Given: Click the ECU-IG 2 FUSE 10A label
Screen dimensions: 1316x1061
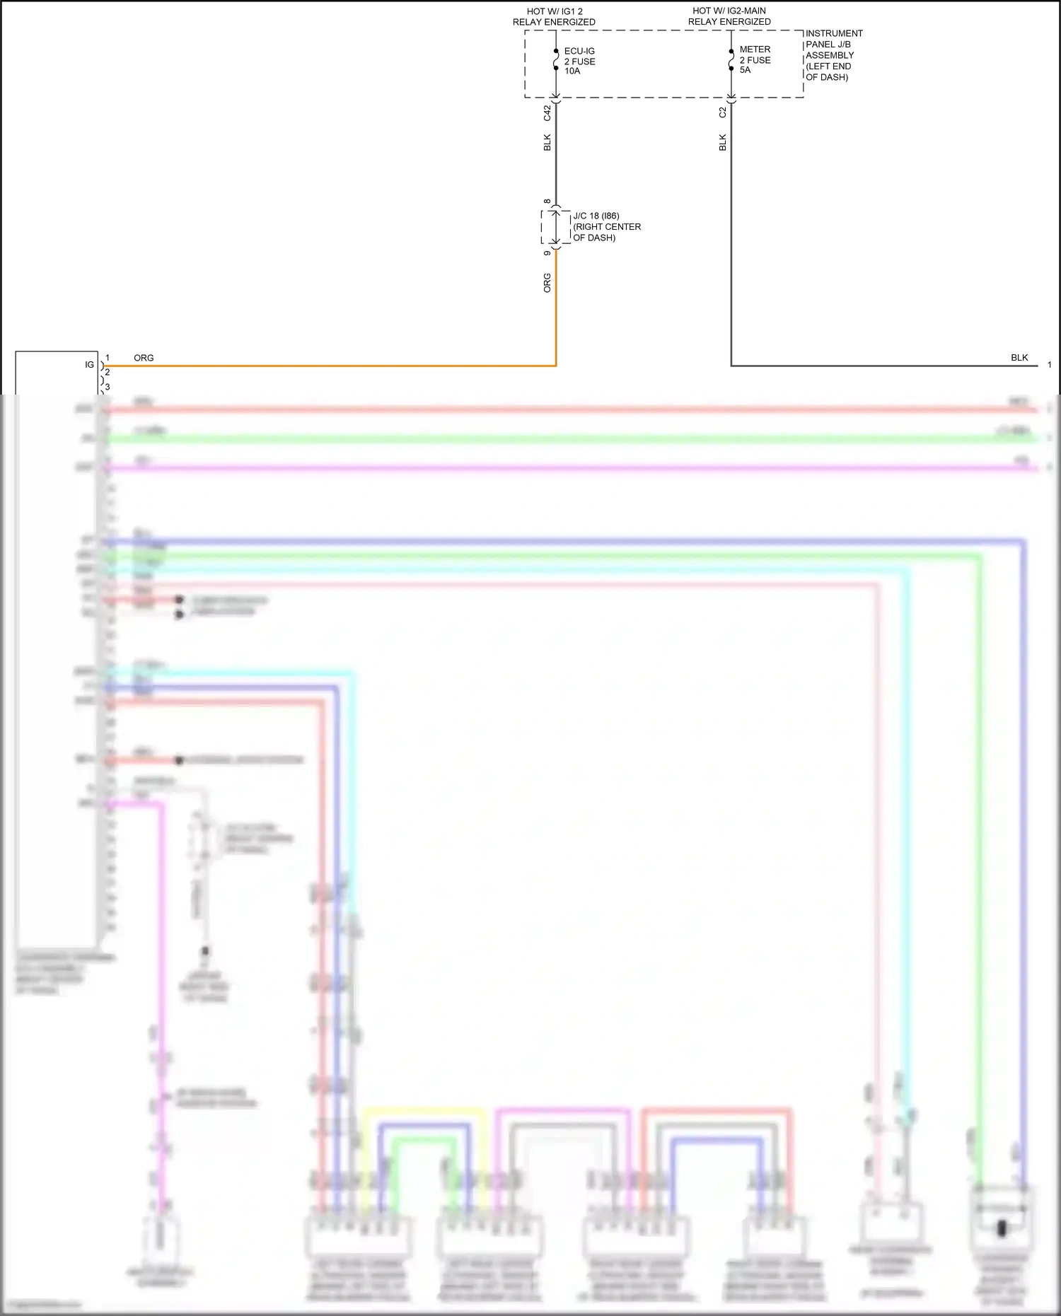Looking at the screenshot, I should point(579,62).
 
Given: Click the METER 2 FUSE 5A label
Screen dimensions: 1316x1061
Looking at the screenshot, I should point(755,59).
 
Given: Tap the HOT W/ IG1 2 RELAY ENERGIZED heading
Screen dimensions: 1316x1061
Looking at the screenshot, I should point(554,17).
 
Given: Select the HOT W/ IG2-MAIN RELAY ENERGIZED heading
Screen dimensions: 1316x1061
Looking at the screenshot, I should point(729,16).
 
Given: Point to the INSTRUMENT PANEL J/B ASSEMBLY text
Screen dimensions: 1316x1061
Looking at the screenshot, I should point(834,55).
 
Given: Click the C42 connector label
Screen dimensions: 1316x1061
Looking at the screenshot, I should point(547,112).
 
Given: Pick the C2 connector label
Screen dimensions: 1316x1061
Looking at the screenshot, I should point(722,112).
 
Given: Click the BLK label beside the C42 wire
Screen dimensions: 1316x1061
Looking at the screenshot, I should point(547,142).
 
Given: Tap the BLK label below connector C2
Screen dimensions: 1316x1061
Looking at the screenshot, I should point(722,142).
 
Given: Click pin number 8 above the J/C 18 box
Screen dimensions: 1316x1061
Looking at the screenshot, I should point(547,202).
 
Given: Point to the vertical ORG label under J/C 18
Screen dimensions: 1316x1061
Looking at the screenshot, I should point(547,283).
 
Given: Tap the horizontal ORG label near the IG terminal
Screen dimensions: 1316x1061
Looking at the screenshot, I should point(144,358).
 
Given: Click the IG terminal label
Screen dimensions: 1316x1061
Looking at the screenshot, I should point(89,365).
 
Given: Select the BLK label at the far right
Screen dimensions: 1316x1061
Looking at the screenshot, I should point(1019,358).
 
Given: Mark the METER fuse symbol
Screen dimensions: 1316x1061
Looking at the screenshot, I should point(731,60).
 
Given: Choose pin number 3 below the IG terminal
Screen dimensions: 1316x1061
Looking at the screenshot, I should point(108,388).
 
